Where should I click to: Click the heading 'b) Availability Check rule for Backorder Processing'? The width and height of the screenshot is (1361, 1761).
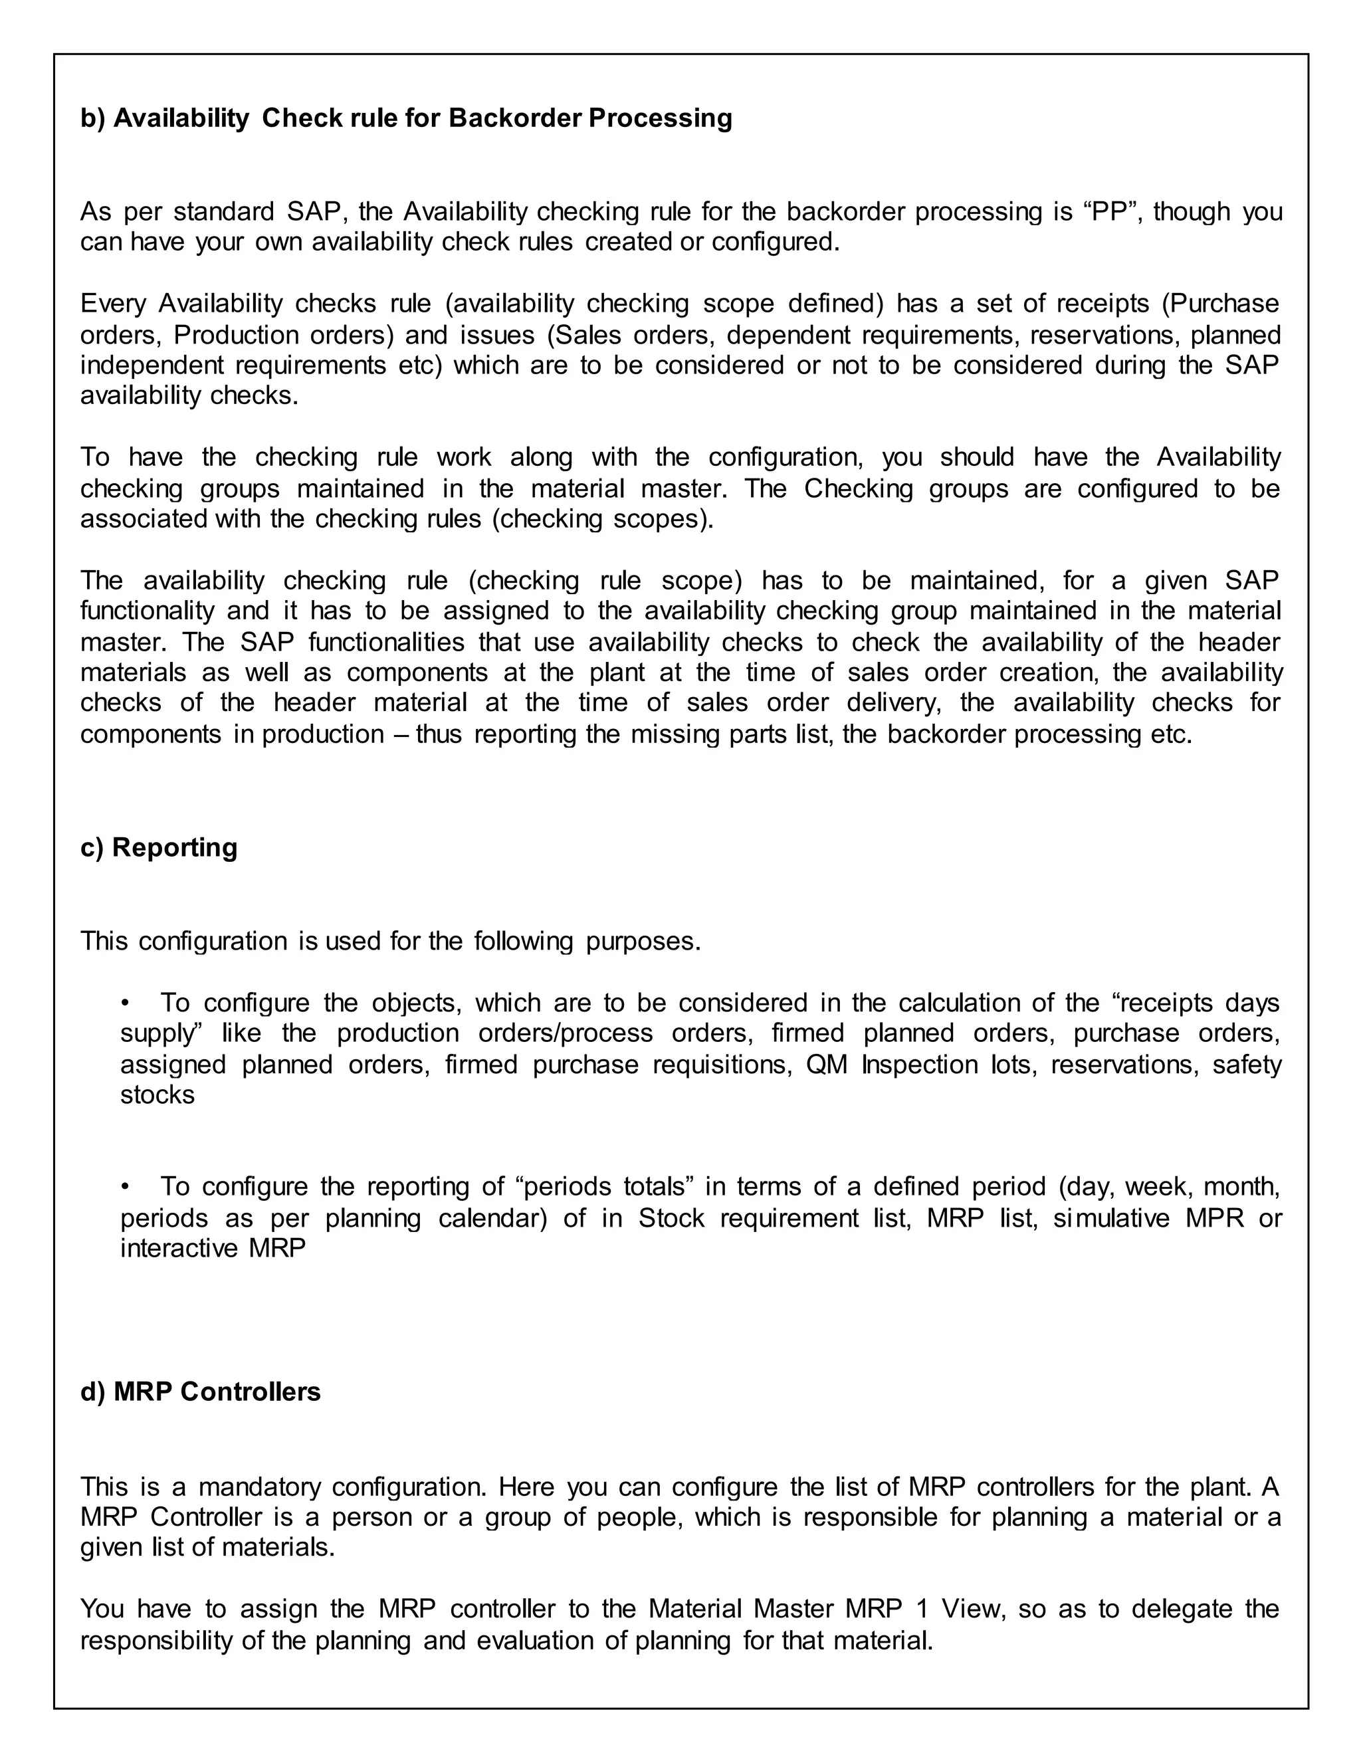[x=405, y=118]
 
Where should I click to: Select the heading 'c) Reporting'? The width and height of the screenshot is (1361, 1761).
[x=159, y=847]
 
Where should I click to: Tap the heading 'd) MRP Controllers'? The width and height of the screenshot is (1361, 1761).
[x=200, y=1392]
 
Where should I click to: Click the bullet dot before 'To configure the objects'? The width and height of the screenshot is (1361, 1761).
[x=125, y=1003]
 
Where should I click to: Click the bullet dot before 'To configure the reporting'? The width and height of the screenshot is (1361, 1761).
[x=125, y=1187]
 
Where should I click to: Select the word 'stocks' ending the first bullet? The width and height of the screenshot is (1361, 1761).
[x=157, y=1095]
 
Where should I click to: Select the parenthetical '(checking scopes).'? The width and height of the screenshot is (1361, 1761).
[x=602, y=518]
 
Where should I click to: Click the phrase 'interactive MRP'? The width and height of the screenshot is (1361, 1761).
[x=213, y=1248]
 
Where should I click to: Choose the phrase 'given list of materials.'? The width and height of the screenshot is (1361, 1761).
[x=207, y=1547]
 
